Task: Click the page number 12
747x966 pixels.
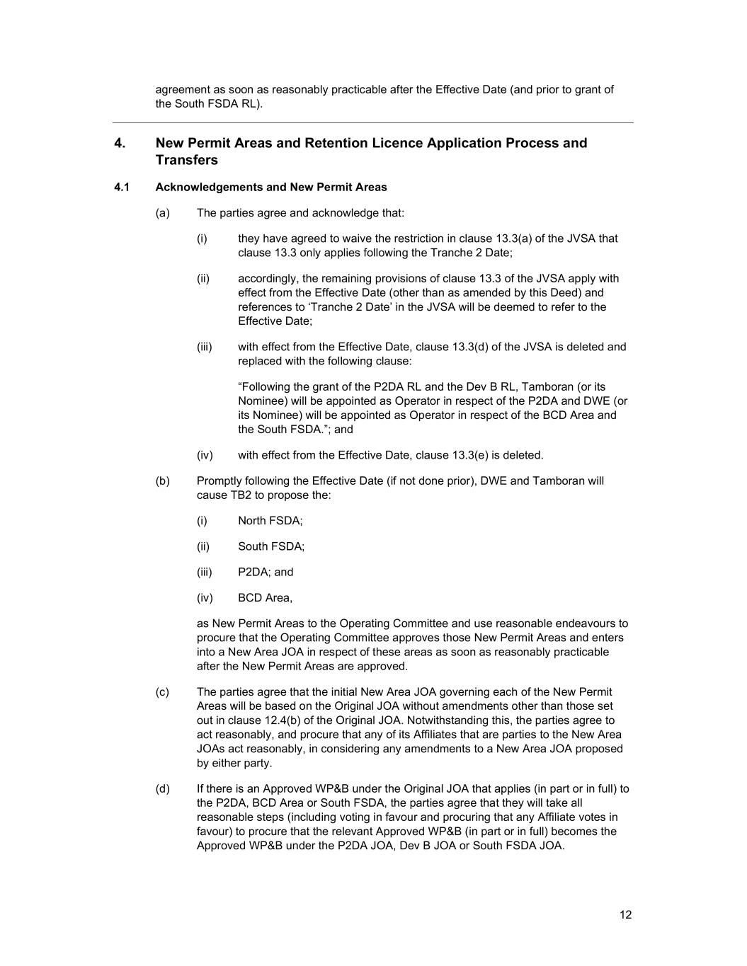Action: [x=625, y=914]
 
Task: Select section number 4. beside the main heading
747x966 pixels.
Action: [x=120, y=143]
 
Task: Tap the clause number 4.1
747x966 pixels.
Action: [x=121, y=188]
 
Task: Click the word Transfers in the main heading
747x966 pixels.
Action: [x=187, y=160]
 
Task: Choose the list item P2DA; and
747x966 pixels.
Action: [x=266, y=572]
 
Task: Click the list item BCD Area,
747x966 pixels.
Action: [x=265, y=598]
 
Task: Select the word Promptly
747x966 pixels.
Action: [x=221, y=481]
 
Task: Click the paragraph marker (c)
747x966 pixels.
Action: [x=162, y=692]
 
